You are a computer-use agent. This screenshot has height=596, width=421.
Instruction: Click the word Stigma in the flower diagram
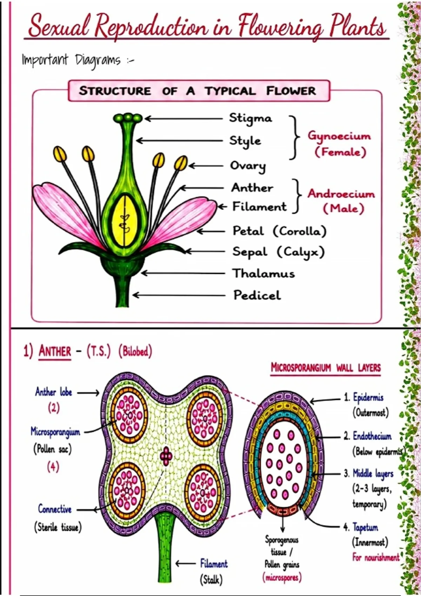click(250, 118)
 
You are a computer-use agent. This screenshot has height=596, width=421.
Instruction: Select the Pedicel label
click(257, 295)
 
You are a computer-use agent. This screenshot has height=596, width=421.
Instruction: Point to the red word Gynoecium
click(339, 136)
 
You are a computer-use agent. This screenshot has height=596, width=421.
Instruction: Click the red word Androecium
click(341, 194)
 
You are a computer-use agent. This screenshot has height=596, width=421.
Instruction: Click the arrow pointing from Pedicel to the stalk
click(179, 295)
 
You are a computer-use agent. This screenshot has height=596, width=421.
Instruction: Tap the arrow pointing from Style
click(179, 141)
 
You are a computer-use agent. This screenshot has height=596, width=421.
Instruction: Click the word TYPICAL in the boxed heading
click(230, 91)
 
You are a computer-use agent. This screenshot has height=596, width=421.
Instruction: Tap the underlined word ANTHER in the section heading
click(55, 352)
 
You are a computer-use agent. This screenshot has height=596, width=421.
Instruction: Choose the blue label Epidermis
click(368, 397)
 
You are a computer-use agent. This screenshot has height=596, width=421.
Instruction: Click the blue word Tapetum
click(365, 527)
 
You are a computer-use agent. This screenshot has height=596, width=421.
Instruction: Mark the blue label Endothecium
click(372, 436)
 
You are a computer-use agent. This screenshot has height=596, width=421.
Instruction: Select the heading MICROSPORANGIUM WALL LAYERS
click(326, 368)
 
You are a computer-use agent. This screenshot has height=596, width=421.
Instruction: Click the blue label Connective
click(55, 509)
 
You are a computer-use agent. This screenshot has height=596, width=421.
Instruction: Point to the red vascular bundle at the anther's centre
click(166, 456)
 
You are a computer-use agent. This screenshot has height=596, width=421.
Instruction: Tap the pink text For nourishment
click(376, 557)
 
